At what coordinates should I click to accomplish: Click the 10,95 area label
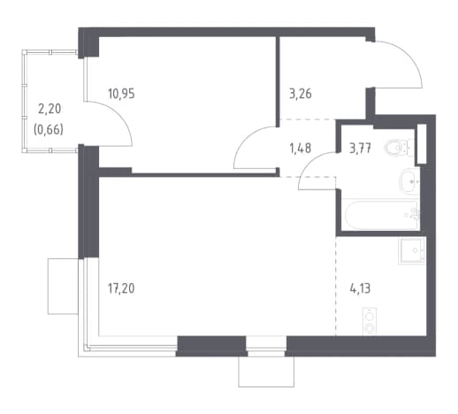[121, 94]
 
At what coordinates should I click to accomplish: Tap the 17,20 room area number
[121, 288]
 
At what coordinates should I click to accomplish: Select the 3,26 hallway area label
[301, 94]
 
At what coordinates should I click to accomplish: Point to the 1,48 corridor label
[301, 148]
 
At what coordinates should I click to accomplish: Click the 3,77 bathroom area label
[360, 148]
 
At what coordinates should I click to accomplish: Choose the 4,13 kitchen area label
[360, 288]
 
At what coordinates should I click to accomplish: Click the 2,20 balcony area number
[50, 109]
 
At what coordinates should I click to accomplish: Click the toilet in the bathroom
[399, 147]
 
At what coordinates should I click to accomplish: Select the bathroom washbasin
[409, 181]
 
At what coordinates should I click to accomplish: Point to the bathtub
[381, 215]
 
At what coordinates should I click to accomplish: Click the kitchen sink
[412, 250]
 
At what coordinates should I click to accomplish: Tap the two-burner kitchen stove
[370, 321]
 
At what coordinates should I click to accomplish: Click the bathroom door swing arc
[310, 162]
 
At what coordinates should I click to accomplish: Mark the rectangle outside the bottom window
[266, 372]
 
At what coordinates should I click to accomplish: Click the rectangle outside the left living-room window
[63, 287]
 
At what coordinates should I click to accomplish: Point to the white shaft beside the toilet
[422, 144]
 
